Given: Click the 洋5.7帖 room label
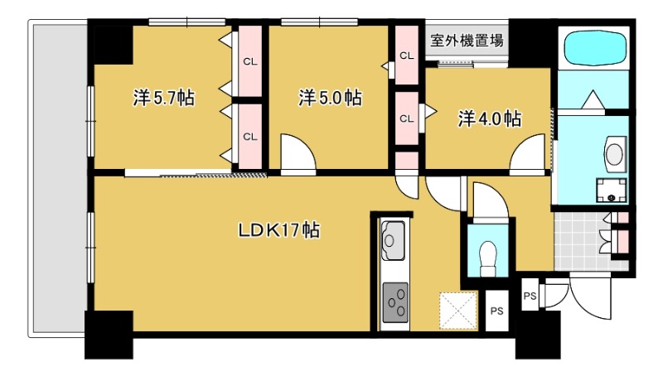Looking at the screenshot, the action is click(164, 98).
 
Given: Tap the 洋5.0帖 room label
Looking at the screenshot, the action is click(330, 98).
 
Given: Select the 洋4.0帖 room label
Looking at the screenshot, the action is click(490, 119).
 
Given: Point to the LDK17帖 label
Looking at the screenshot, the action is click(279, 230).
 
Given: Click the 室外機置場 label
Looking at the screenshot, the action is click(467, 41).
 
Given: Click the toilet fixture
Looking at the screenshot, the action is click(488, 258).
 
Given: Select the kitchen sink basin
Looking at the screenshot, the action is click(393, 240).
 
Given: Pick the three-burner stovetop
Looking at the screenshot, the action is click(395, 302).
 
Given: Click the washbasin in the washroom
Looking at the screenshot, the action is click(614, 154).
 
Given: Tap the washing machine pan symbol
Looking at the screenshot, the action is click(612, 190).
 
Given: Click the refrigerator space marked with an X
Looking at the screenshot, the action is click(458, 311).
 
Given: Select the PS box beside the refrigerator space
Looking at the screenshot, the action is click(496, 311).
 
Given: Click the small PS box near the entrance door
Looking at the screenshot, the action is click(530, 295).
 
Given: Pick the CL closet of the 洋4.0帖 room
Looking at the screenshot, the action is click(407, 118).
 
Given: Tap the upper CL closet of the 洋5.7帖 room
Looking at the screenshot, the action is click(250, 61).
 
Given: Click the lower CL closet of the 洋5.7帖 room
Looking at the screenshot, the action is click(250, 137).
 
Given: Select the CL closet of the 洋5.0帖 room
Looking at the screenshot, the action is click(407, 55).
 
